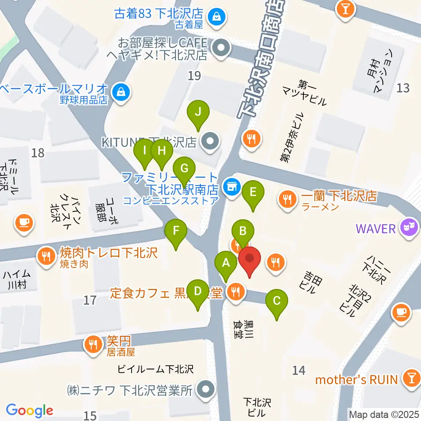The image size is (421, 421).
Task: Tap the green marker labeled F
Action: (176, 231)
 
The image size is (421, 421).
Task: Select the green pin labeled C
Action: (277, 302)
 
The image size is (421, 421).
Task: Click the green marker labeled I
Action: (144, 152)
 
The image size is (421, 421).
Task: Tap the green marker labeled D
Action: (198, 292)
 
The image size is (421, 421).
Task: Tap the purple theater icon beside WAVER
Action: (408, 228)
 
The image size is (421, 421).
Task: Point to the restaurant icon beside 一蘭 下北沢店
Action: (288, 200)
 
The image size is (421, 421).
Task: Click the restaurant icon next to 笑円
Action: (93, 344)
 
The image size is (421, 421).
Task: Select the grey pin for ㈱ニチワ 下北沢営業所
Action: (204, 389)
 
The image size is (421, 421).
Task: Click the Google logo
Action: (29, 410)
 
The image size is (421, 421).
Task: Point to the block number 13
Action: (403, 88)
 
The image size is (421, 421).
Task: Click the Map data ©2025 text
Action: (384, 414)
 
